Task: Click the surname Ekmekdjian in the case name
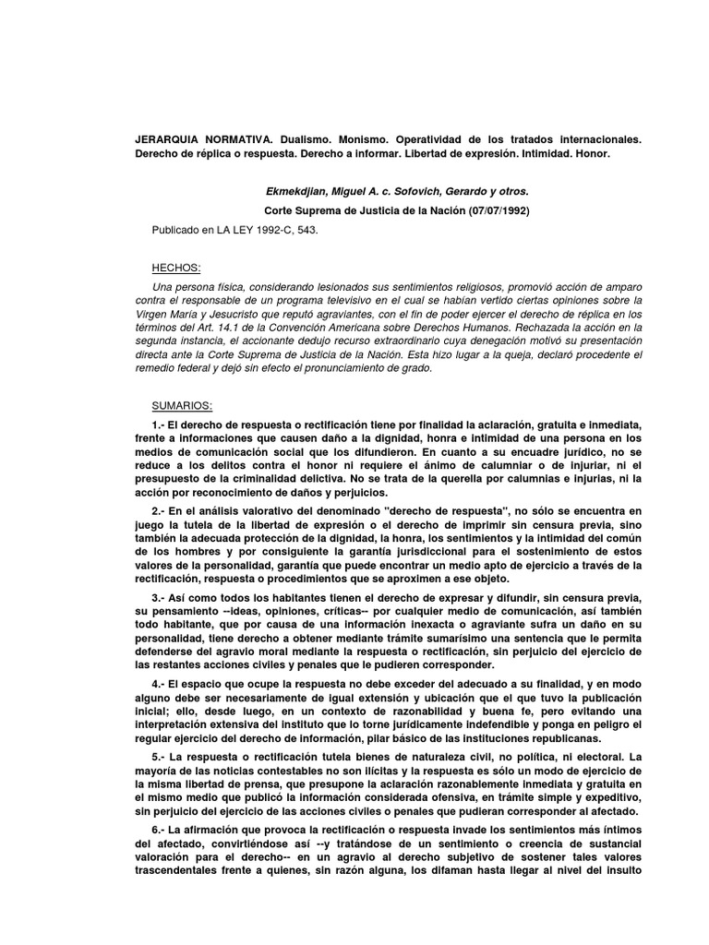pos(294,192)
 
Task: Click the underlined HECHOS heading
pos(175,268)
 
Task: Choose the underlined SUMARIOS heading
pos(183,406)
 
